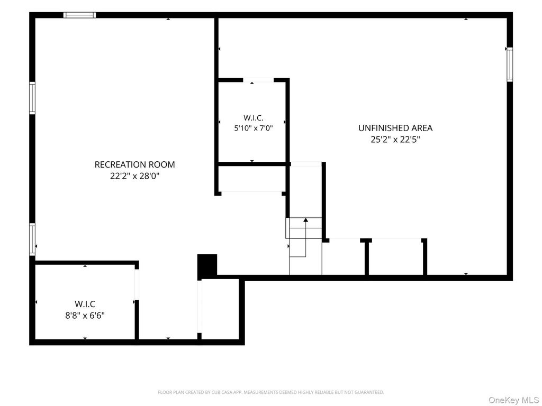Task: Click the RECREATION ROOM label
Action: (134, 165)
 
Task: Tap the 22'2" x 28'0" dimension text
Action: (134, 176)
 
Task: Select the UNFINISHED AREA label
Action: (395, 128)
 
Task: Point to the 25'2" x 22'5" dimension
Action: (395, 140)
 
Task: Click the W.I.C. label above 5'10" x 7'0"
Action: (254, 118)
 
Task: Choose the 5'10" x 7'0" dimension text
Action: (254, 128)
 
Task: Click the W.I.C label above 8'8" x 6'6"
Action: (85, 304)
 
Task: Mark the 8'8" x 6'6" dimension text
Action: (85, 316)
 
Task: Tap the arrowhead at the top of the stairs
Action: (305, 220)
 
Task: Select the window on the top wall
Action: (79, 15)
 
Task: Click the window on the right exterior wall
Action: (510, 65)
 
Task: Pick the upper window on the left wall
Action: (32, 98)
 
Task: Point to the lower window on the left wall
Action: (32, 239)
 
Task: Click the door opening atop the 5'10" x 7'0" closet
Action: (258, 80)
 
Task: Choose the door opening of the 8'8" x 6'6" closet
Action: (137, 284)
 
